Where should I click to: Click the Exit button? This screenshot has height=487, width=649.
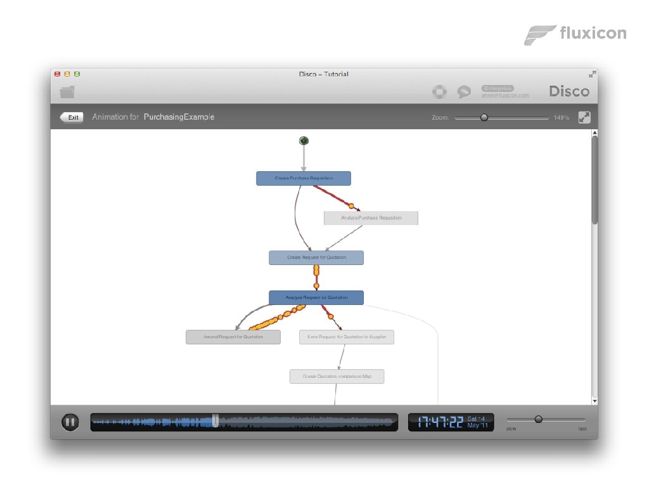pyautogui.click(x=72, y=117)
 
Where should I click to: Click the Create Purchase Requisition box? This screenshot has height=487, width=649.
pyautogui.click(x=304, y=178)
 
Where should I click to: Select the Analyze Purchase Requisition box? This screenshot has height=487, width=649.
pyautogui.click(x=371, y=218)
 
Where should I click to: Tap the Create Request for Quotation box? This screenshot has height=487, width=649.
pyautogui.click(x=316, y=257)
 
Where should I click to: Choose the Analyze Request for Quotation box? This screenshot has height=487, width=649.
pyautogui.click(x=316, y=297)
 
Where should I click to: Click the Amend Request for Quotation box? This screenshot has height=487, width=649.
pyautogui.click(x=233, y=337)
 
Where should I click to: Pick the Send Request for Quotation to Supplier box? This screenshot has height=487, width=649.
pyautogui.click(x=347, y=337)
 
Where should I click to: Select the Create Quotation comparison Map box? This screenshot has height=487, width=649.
pyautogui.click(x=337, y=377)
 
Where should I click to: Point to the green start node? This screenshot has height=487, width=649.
pyautogui.click(x=304, y=141)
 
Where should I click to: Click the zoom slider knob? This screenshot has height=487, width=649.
pyautogui.click(x=484, y=117)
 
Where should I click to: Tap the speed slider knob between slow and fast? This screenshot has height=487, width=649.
pyautogui.click(x=539, y=419)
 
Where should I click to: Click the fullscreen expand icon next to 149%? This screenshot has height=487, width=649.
pyautogui.click(x=584, y=117)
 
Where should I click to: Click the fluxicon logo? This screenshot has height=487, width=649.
pyautogui.click(x=575, y=34)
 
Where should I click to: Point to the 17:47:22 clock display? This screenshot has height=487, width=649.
pyautogui.click(x=440, y=422)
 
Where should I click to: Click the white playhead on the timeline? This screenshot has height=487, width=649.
pyautogui.click(x=215, y=421)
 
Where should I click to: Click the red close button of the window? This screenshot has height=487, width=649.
pyautogui.click(x=57, y=74)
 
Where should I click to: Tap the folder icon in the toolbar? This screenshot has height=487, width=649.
pyautogui.click(x=67, y=92)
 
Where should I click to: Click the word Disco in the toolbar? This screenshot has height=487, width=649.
pyautogui.click(x=569, y=91)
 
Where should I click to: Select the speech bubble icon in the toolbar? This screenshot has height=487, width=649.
pyautogui.click(x=465, y=92)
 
